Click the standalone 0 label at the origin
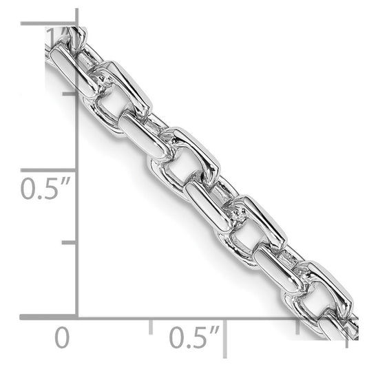(x=62, y=339)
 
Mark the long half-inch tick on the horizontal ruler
(x=225, y=337)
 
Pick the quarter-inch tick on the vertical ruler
(x=70, y=243)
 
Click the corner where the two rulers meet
(x=76, y=317)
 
